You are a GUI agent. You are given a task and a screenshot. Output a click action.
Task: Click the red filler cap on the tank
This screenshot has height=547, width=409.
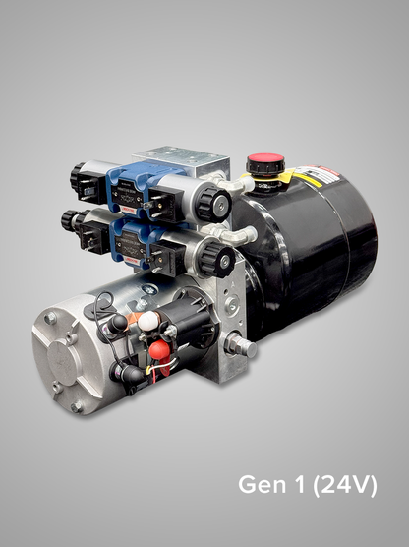(x=260, y=161)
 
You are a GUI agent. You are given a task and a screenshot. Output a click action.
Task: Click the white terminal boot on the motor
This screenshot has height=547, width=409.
(x=147, y=321)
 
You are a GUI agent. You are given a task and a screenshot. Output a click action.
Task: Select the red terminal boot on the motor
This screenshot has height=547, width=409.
(x=158, y=350)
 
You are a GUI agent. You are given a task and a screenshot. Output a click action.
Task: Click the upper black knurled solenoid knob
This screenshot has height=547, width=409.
(x=213, y=205)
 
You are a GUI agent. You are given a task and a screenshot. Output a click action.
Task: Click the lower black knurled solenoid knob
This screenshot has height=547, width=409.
(x=218, y=261)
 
